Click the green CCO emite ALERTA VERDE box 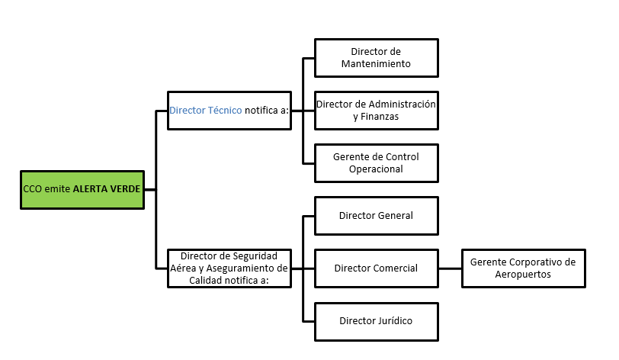click(x=82, y=189)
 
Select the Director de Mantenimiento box click(x=377, y=58)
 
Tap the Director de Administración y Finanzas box click(x=377, y=110)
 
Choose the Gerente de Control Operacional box click(x=377, y=162)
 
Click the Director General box click(x=377, y=215)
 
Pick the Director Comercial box click(x=377, y=268)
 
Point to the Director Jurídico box click(x=377, y=320)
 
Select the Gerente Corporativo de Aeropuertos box click(x=523, y=268)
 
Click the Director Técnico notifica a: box click(x=229, y=110)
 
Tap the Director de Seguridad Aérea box click(x=229, y=268)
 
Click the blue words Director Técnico click(x=206, y=110)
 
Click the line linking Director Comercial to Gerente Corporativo click(x=451, y=268)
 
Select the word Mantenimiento click(x=377, y=64)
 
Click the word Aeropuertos click(x=523, y=274)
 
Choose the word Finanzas click(x=380, y=117)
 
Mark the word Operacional click(x=376, y=169)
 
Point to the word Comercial click(x=396, y=268)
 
